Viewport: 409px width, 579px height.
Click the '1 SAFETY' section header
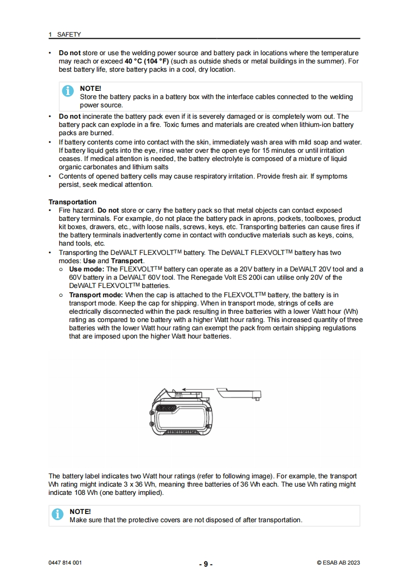pos(64,35)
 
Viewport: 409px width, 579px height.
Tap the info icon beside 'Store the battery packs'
pos(68,91)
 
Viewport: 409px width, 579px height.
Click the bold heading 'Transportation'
pos(72,202)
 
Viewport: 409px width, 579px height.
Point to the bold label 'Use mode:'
pos(87,269)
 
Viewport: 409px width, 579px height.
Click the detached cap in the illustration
pos(238,394)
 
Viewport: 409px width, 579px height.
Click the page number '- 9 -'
pos(206,564)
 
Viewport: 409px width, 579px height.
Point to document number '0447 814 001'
pos(65,562)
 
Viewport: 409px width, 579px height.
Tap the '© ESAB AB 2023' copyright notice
pos(338,562)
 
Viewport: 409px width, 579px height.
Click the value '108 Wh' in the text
pos(69,493)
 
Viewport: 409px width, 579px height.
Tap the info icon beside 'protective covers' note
pos(58,514)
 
